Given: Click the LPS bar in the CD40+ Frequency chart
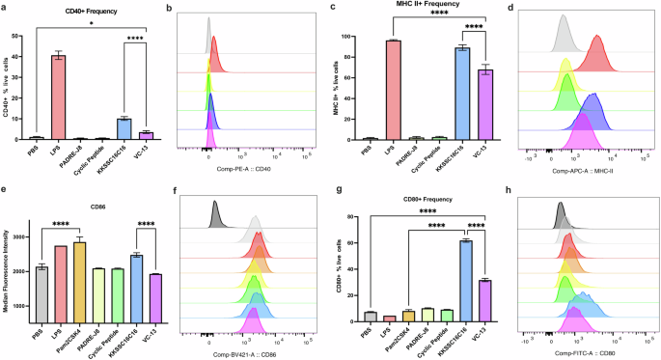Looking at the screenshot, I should [x=59, y=97].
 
